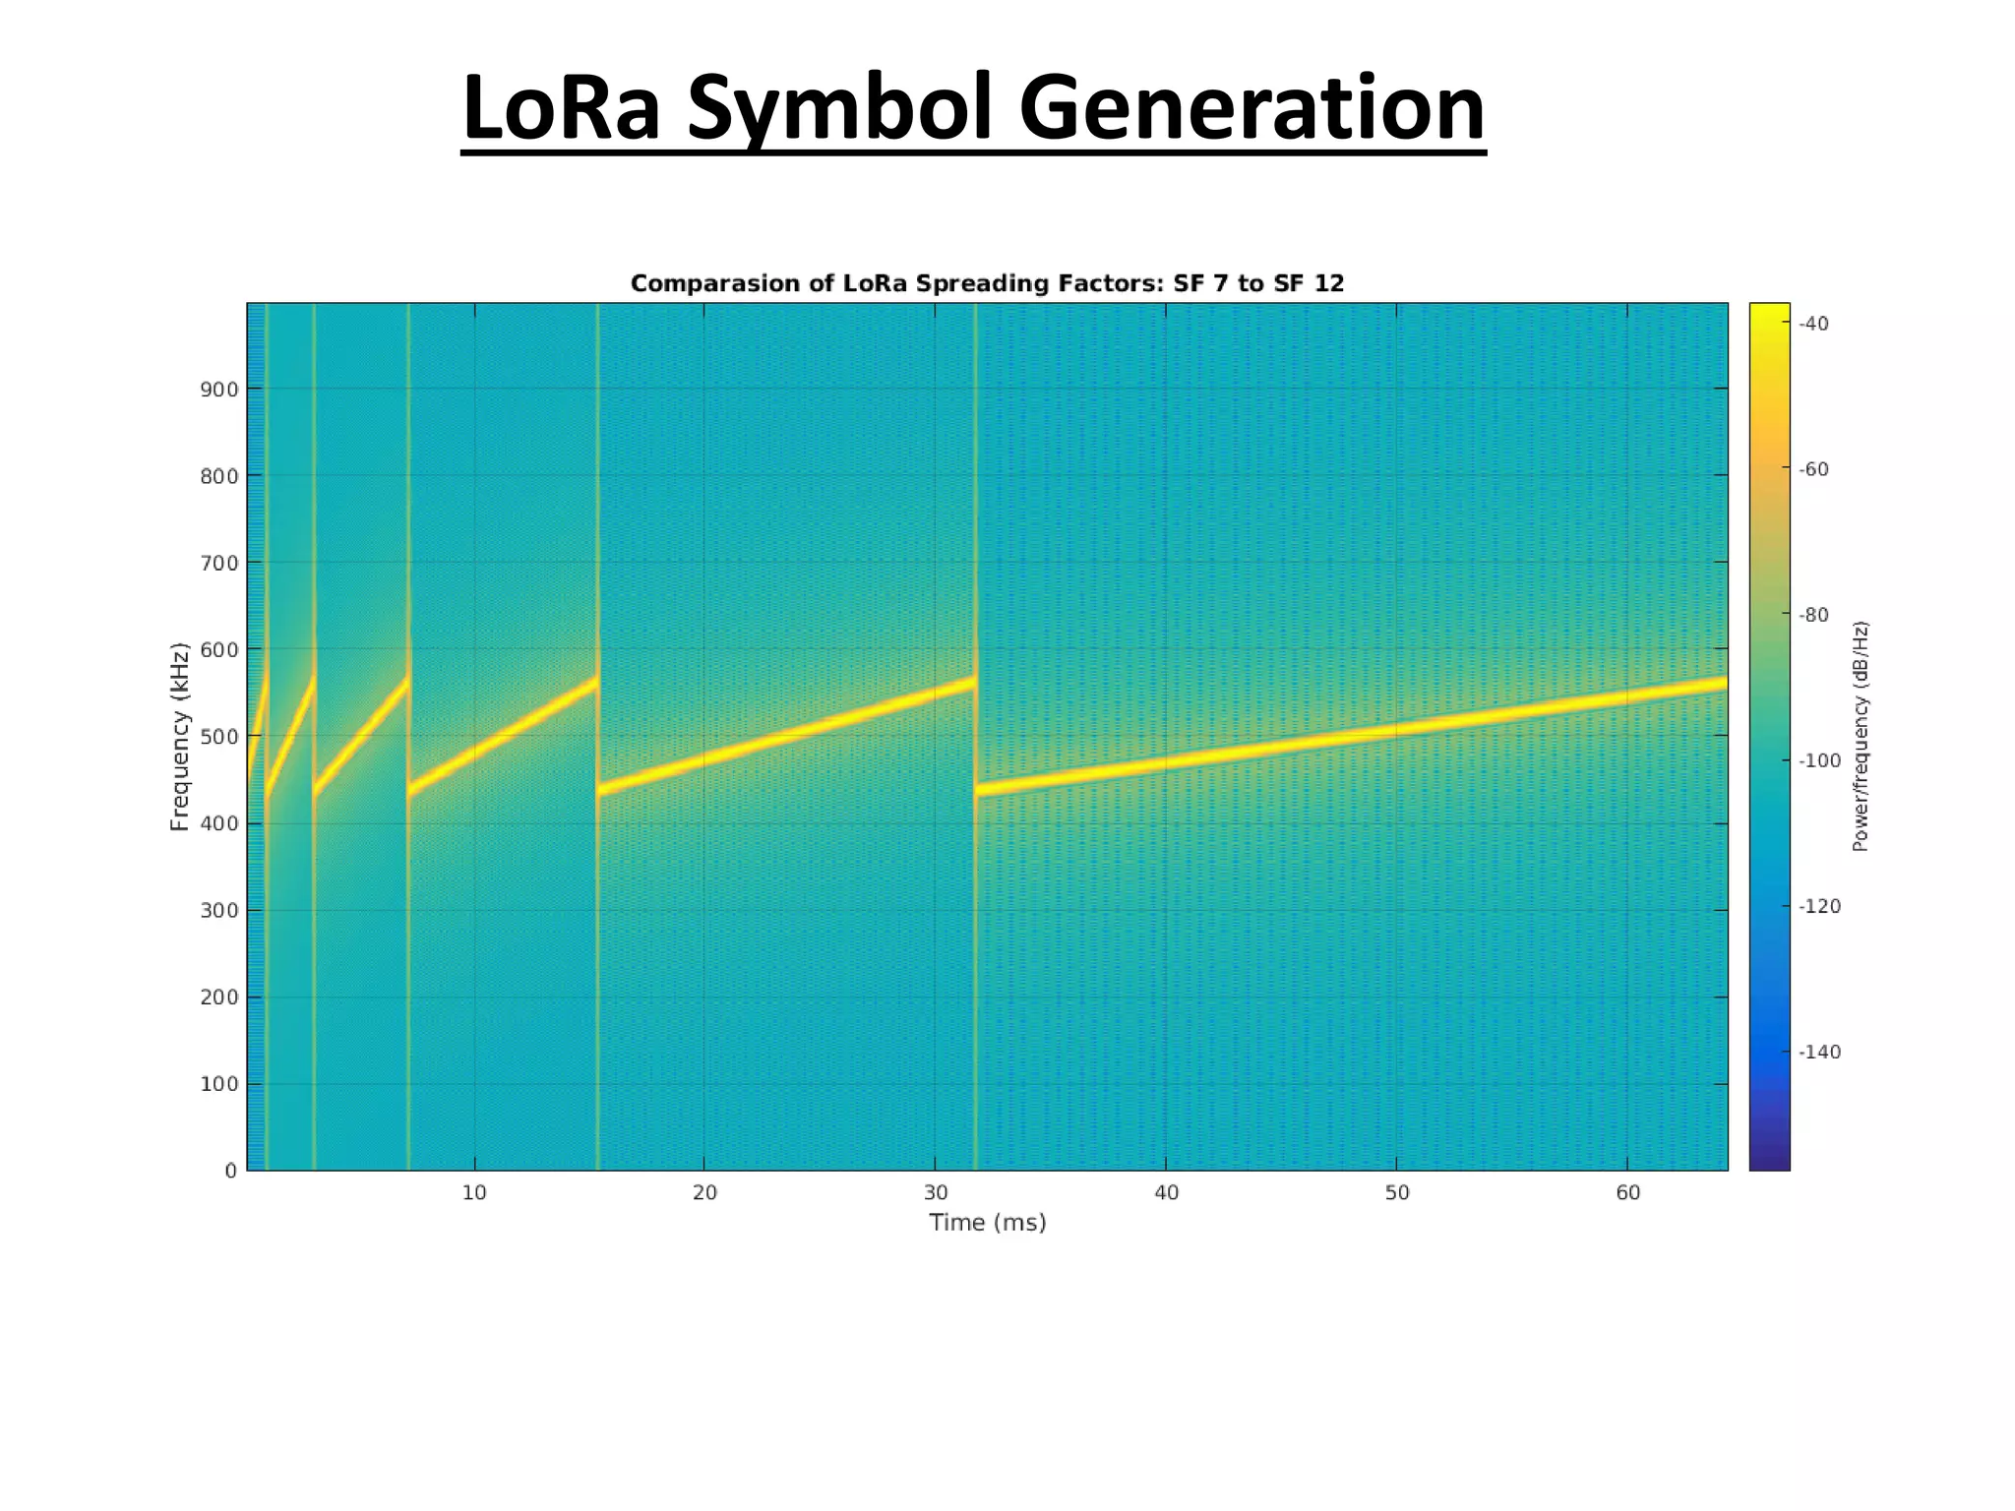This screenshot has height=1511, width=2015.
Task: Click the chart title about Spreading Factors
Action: (987, 283)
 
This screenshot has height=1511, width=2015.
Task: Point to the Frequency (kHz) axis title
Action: (179, 737)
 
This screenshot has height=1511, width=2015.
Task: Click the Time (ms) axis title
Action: (987, 1223)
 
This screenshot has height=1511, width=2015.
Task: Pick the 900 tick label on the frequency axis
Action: (219, 390)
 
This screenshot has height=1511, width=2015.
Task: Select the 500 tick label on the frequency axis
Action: (219, 737)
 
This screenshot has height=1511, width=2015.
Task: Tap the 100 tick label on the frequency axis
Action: (219, 1084)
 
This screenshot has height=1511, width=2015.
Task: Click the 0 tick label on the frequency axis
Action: (231, 1171)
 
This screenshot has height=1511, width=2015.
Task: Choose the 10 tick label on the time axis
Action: (474, 1193)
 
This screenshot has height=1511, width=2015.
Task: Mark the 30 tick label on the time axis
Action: (936, 1193)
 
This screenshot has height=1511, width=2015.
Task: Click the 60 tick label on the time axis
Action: (1627, 1193)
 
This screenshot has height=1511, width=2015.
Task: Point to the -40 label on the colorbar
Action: (1813, 324)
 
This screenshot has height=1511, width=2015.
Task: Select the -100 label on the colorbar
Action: (1818, 760)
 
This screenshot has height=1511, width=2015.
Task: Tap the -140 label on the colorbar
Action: (1818, 1052)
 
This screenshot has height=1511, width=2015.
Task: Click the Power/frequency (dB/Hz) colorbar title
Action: (1860, 737)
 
